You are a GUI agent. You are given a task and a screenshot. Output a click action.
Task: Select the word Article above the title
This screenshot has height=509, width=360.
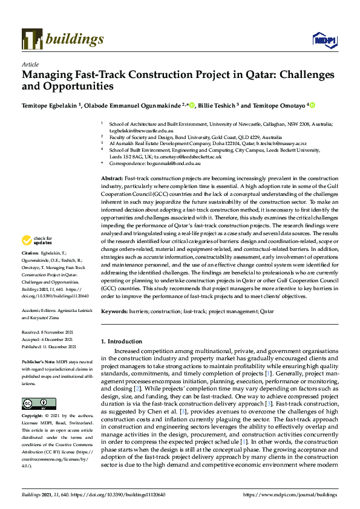click(30, 64)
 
